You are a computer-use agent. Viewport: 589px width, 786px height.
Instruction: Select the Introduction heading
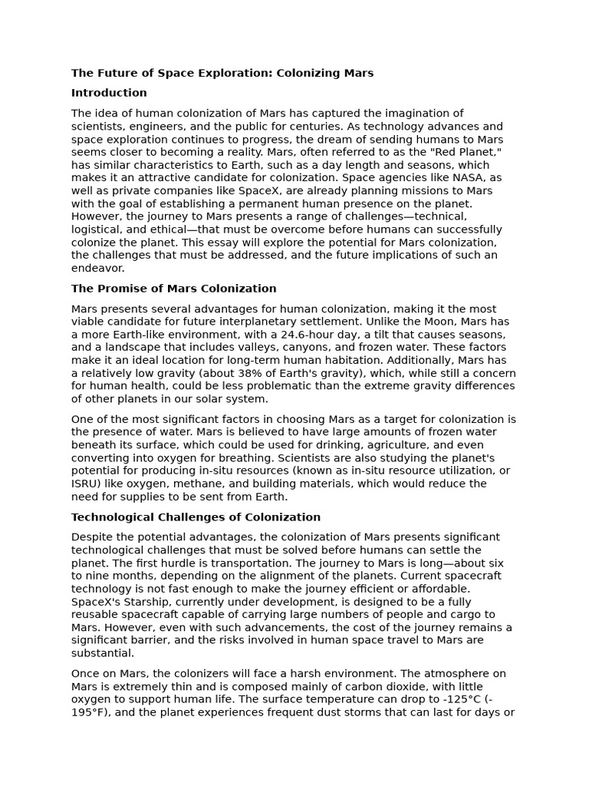click(x=109, y=93)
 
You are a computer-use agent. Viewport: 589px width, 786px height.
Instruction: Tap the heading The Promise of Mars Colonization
click(x=173, y=289)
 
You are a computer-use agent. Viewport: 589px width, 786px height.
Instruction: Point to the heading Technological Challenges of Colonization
click(x=196, y=517)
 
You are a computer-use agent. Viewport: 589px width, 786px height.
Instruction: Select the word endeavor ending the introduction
click(x=97, y=269)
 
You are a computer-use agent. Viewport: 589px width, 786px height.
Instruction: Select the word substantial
click(x=103, y=653)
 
